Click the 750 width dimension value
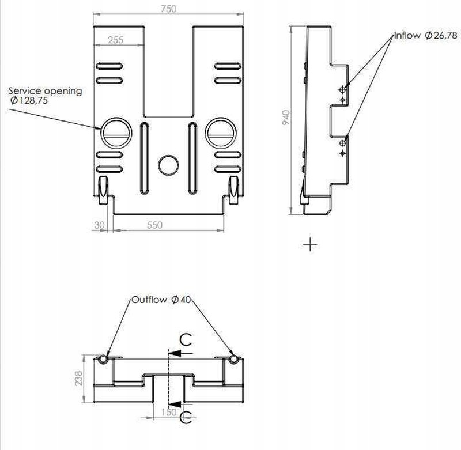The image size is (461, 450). pos(169,9)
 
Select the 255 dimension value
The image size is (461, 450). pos(116,40)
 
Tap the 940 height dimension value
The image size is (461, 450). pos(286,118)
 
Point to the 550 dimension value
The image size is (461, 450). pos(154,225)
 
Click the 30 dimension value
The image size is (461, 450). pos(99,225)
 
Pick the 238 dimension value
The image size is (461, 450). pos(79,379)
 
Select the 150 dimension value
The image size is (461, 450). pos(169,412)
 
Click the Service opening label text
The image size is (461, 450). pos(46,91)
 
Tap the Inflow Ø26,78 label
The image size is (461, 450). pos(426,36)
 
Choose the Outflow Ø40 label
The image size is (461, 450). pos(161,300)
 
